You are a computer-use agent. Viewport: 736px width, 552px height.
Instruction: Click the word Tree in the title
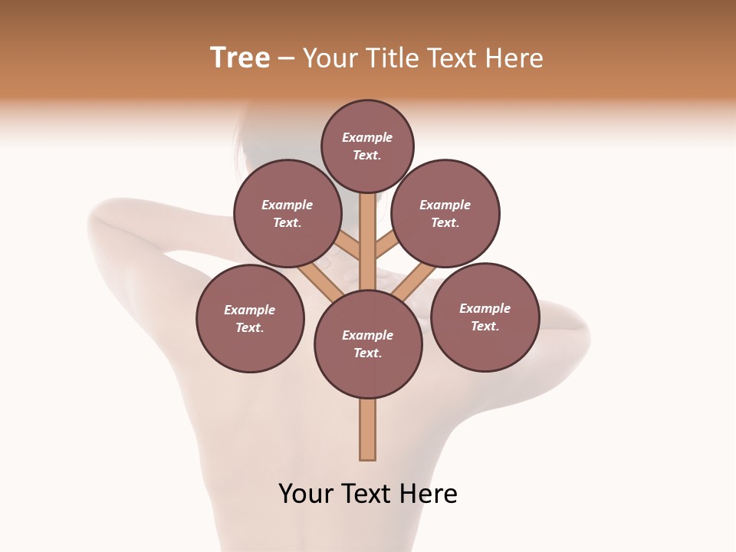point(240,58)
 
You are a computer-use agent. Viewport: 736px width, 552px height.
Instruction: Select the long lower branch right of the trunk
point(414,279)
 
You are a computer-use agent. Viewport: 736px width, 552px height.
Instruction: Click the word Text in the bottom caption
point(368,494)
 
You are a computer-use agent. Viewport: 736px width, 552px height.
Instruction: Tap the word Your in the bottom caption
point(306,494)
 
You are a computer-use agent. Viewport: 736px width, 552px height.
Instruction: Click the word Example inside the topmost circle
point(367,137)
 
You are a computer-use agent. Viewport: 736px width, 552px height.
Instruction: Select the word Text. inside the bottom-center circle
point(367,353)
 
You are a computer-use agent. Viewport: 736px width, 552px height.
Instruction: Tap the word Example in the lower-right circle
point(485,308)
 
